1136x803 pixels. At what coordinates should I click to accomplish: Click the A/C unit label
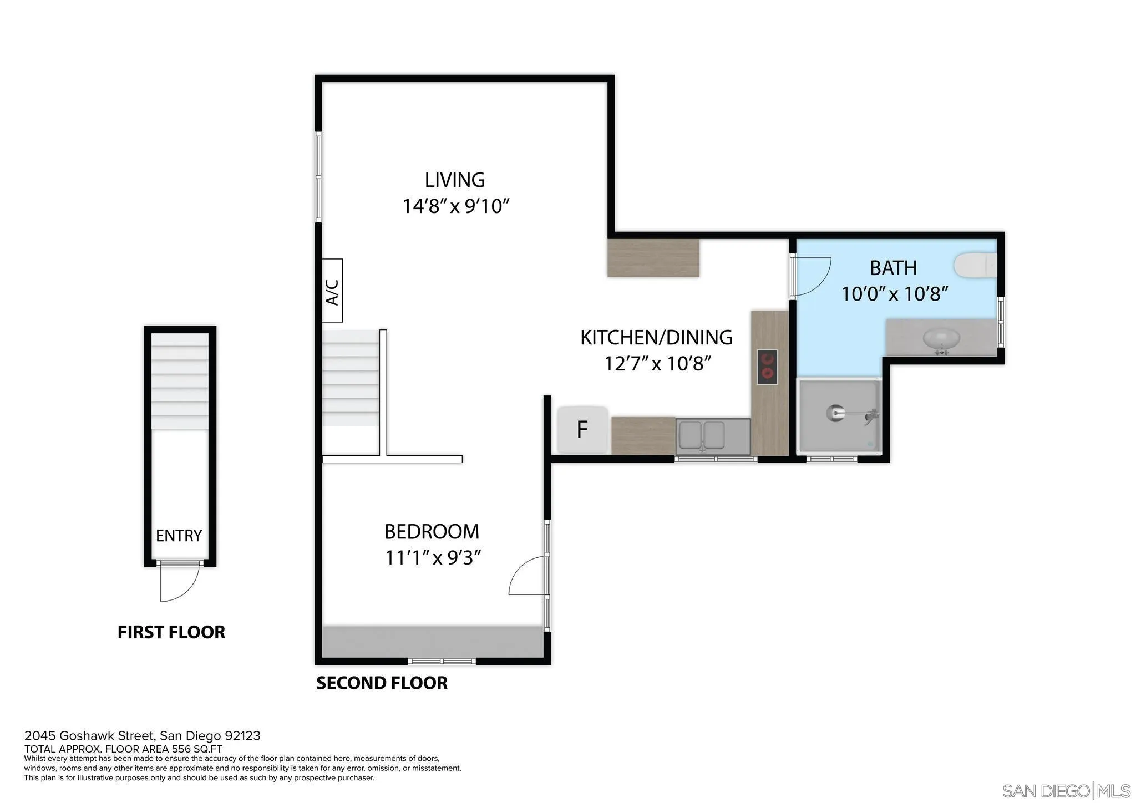point(332,291)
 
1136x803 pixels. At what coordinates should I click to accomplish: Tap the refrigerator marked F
point(582,430)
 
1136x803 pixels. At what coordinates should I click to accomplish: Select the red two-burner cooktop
point(767,367)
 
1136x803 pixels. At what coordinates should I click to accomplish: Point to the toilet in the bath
point(975,265)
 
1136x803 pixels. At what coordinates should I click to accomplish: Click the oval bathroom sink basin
point(941,338)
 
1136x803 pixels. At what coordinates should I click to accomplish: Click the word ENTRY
point(179,536)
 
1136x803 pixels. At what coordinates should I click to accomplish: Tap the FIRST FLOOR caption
point(171,632)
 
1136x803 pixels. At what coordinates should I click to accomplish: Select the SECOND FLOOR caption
point(382,683)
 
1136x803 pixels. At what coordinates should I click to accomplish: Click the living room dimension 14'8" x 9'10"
point(455,206)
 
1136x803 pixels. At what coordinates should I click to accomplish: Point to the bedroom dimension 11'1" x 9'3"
point(433,557)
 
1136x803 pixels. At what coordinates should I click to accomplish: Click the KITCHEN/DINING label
point(656,337)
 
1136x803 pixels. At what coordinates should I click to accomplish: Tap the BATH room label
point(893,268)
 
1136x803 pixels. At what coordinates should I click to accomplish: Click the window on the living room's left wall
point(318,176)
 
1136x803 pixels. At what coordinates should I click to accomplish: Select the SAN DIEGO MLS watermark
point(1066,790)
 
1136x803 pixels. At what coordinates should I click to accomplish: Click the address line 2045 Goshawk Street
point(142,736)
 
